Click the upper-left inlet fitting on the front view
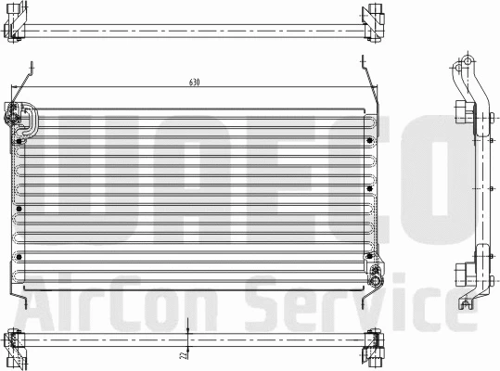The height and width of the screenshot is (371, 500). (x=19, y=117)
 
